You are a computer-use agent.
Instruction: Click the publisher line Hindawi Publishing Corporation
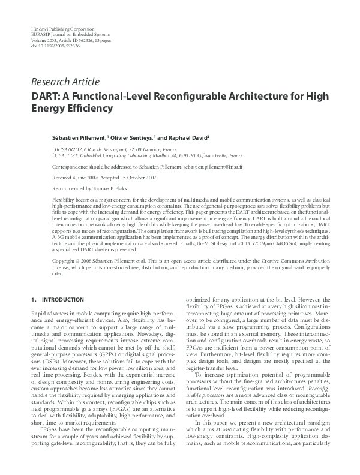click(62, 29)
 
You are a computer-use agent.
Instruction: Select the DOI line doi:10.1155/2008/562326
click(57, 45)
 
